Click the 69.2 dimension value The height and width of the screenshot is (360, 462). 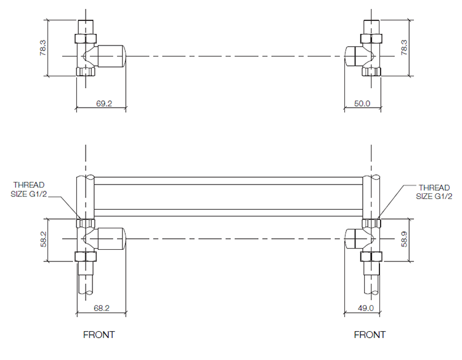[x=103, y=103]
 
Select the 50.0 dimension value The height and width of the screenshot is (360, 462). [x=362, y=103]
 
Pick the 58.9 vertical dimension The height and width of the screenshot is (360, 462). [x=404, y=240]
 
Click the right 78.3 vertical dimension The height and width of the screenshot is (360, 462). [x=404, y=48]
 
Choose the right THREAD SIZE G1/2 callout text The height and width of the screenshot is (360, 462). [x=434, y=191]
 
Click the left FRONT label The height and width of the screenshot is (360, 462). [x=99, y=335]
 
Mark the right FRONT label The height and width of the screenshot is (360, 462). [x=370, y=335]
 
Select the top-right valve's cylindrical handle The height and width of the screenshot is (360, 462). [x=352, y=56]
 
